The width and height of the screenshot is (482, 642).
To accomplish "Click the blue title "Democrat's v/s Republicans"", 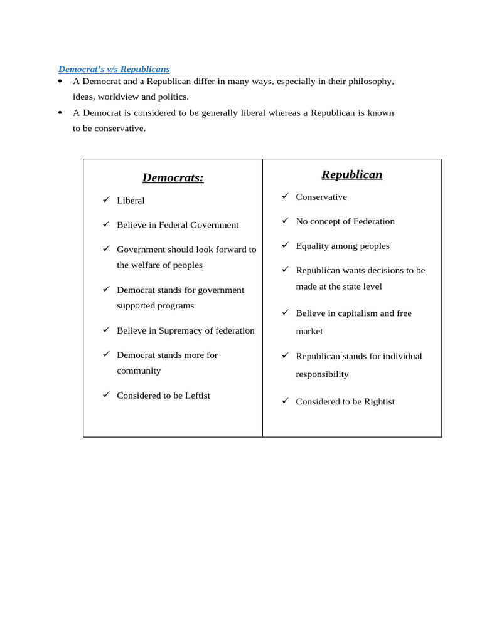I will tap(114, 69).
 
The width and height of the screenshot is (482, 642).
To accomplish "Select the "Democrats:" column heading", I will tap(173, 177).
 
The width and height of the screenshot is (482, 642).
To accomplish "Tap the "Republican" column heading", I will tap(351, 174).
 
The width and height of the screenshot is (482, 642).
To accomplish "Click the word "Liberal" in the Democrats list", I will tap(131, 201).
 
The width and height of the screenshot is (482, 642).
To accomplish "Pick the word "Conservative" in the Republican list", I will tap(321, 197).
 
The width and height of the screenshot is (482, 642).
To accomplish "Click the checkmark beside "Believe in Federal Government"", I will tap(106, 224).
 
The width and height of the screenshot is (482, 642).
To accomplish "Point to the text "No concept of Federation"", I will tap(345, 221).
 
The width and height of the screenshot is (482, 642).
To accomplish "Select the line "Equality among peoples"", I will tap(342, 246).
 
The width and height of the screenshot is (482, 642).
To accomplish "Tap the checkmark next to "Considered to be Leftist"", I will tap(106, 394).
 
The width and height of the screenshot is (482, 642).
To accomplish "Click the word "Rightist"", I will tap(379, 402).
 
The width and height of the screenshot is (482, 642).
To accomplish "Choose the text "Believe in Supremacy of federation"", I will tap(185, 330).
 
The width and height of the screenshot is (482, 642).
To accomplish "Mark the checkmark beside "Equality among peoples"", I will tap(285, 245).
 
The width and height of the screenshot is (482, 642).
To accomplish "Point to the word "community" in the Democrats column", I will tap(139, 371).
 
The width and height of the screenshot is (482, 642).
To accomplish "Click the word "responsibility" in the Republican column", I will tap(322, 374).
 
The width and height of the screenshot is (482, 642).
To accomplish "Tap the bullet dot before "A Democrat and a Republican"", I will tap(60, 81).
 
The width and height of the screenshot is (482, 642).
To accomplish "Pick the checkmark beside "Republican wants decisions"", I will tap(285, 270).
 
